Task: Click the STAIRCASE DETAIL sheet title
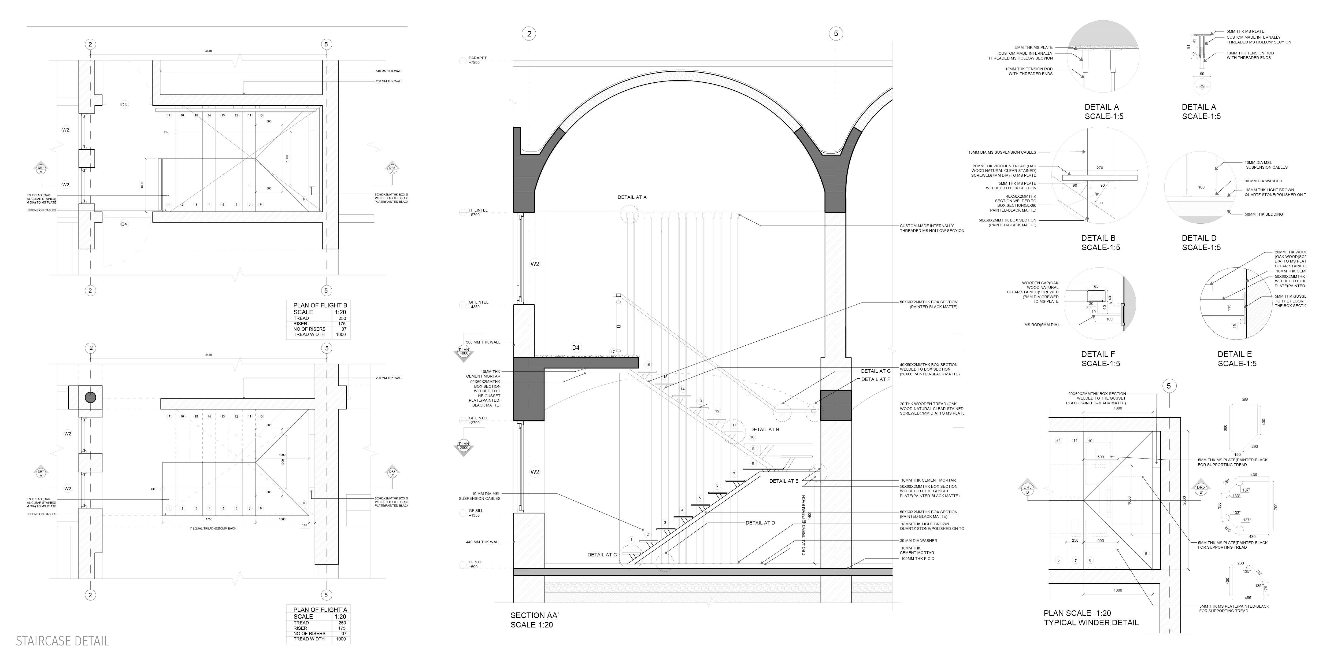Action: [62, 641]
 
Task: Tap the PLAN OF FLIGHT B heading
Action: [320, 305]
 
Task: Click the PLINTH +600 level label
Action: [475, 564]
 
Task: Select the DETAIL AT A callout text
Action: [632, 197]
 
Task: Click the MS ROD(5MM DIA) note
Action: [1041, 325]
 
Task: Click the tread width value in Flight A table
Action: [341, 639]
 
